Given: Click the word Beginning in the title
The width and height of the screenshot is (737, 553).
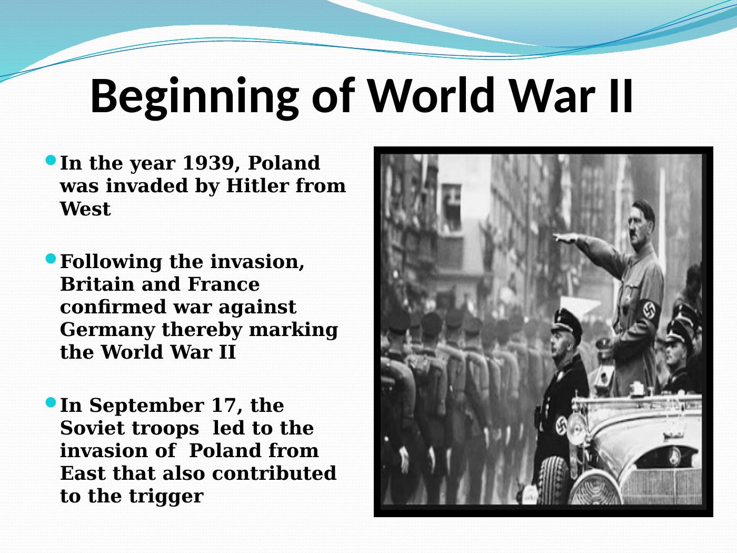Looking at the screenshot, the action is click(x=194, y=97).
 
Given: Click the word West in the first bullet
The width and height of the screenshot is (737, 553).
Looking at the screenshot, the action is click(x=85, y=209).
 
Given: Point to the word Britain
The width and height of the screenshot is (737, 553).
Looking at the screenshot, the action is click(x=97, y=284).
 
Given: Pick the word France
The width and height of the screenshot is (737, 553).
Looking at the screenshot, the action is click(x=224, y=284).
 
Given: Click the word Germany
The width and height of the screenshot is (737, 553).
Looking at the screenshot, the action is click(x=107, y=331).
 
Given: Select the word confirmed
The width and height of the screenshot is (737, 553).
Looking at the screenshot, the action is click(x=113, y=307).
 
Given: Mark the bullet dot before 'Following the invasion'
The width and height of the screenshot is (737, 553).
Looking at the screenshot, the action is click(x=51, y=259).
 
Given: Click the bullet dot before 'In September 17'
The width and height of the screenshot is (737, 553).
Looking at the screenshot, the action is click(x=51, y=402).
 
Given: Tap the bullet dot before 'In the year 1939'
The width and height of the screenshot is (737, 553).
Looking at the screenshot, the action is click(x=51, y=160).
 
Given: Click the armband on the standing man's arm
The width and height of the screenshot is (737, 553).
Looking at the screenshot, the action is click(x=649, y=312).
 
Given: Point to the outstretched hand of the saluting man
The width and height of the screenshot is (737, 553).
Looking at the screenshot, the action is click(x=565, y=238).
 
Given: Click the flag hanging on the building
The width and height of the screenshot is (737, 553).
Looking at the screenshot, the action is click(x=451, y=207).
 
